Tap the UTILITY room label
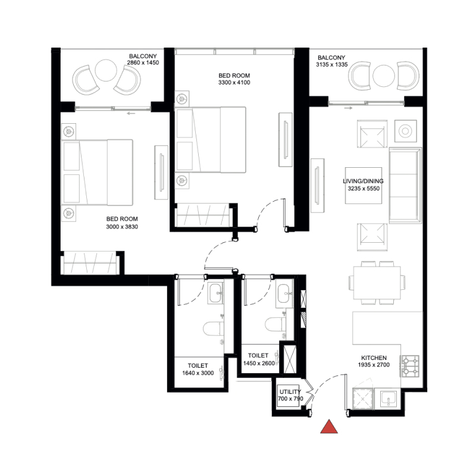[290, 390]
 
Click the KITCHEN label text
[373, 358]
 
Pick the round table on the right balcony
[383, 74]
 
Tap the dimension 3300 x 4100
[234, 83]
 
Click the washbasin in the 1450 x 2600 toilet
[284, 292]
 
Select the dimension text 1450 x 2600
[258, 362]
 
